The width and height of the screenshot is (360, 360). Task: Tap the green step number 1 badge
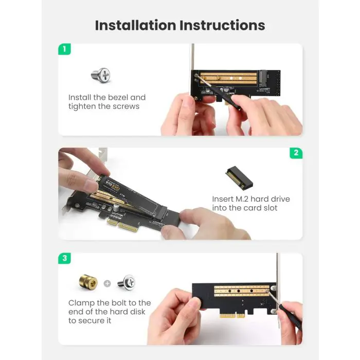(x=64, y=49)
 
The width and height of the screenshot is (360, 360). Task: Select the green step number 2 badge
(x=296, y=153)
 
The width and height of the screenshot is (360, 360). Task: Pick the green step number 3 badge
(x=64, y=259)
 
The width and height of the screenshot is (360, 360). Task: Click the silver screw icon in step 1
(x=101, y=75)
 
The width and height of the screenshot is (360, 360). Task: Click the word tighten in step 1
(x=82, y=106)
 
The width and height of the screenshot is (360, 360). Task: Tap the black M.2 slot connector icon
(x=240, y=177)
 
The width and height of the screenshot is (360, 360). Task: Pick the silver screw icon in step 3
(x=126, y=282)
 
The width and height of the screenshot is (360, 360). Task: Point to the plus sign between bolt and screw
(x=107, y=283)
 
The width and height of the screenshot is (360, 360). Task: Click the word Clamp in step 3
(x=81, y=303)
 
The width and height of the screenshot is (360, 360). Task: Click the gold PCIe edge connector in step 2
(x=123, y=225)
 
